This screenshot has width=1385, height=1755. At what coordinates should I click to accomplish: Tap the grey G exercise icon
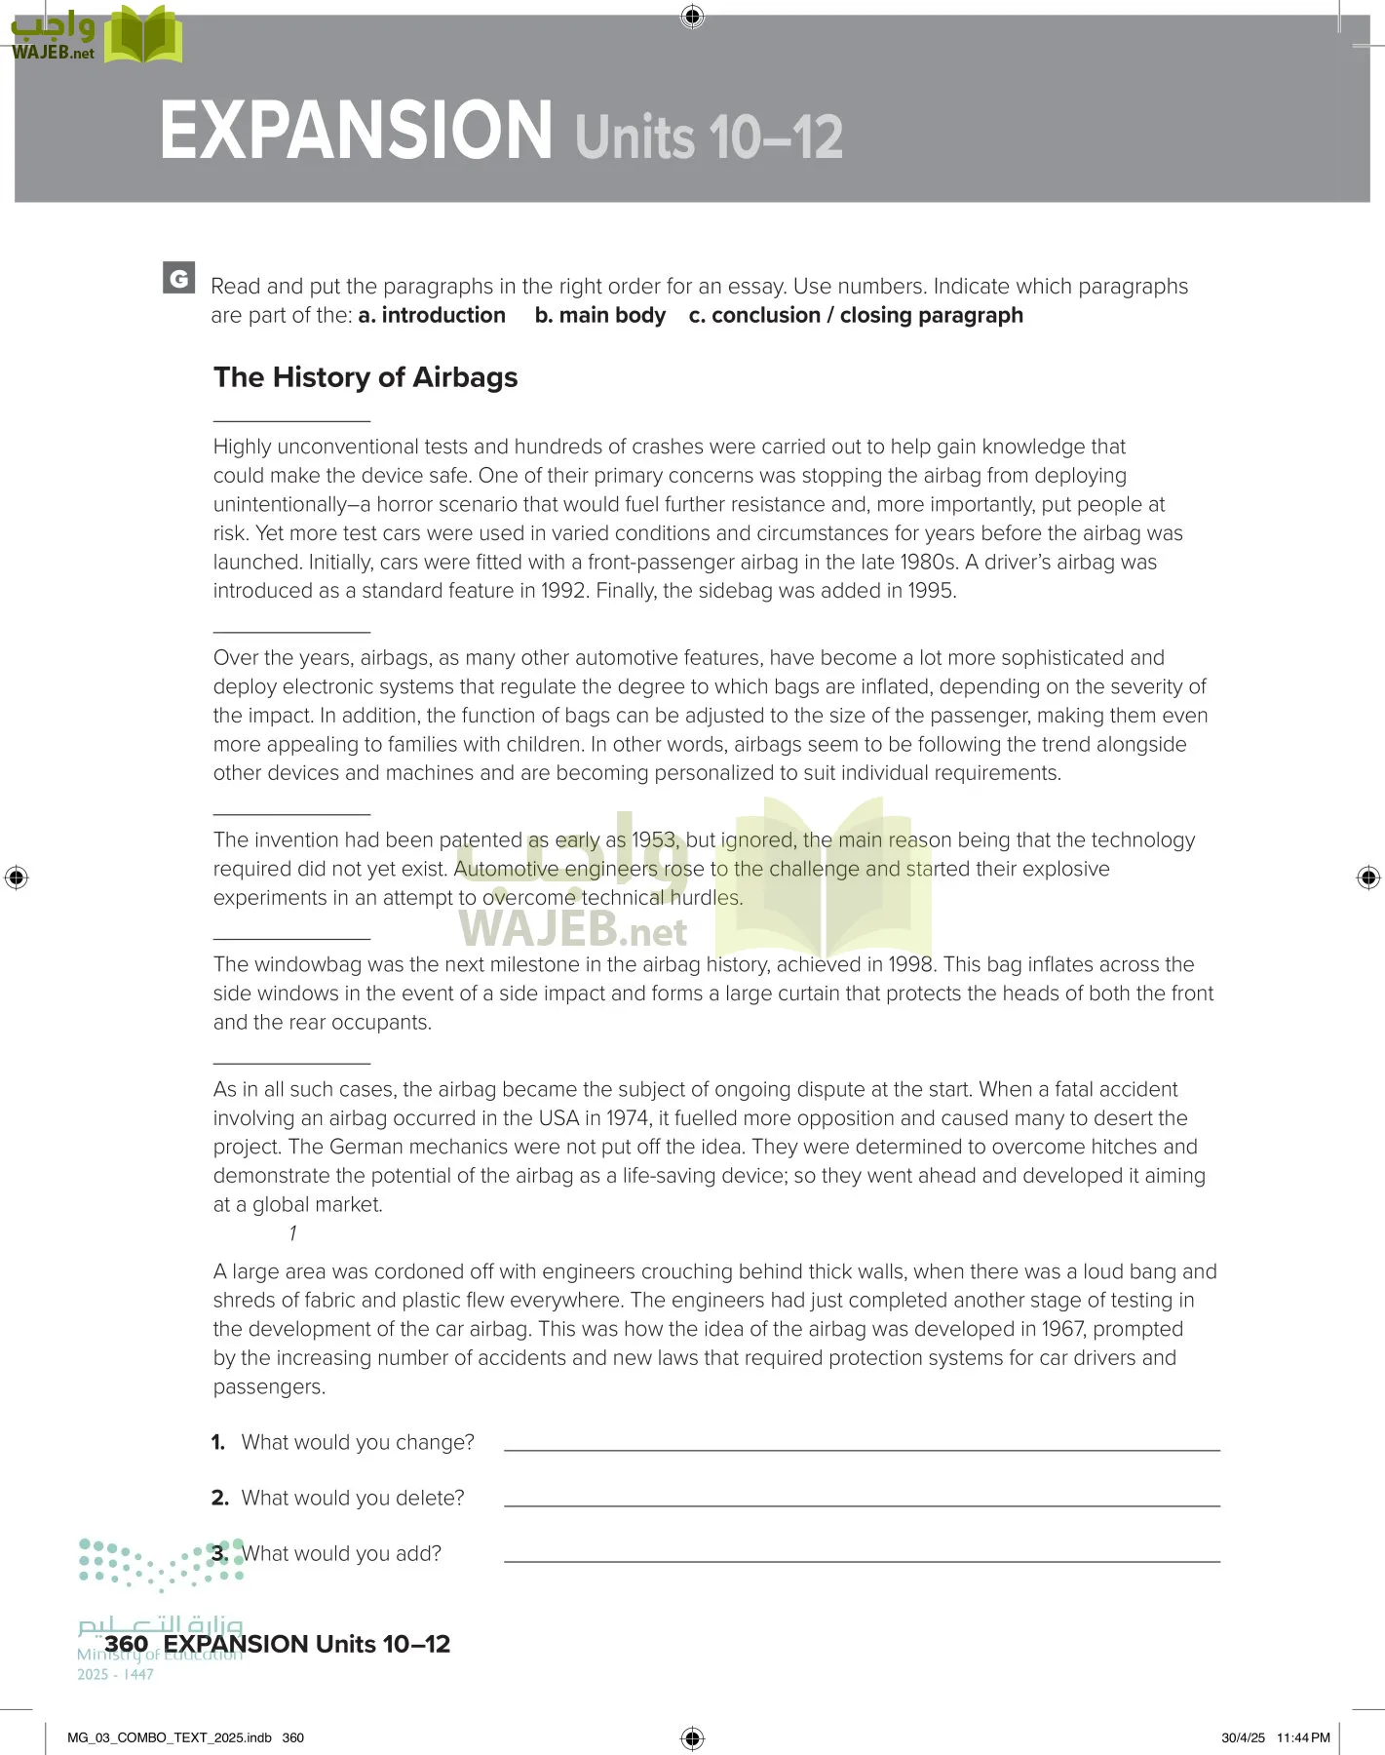[178, 278]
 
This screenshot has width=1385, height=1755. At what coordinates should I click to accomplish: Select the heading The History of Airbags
[365, 377]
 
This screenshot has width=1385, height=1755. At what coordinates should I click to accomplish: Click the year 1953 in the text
[653, 840]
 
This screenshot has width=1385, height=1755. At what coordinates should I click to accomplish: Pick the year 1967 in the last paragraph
[1062, 1330]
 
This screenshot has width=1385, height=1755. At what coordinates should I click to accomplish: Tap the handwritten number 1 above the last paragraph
[292, 1233]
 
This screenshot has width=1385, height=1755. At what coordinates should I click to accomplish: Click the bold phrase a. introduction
[432, 316]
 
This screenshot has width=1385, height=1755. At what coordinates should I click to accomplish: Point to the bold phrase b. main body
[599, 316]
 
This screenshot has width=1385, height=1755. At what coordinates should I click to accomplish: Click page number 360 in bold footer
[126, 1644]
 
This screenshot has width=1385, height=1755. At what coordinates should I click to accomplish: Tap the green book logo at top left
[143, 37]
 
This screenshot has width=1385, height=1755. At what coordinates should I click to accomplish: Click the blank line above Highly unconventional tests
[291, 420]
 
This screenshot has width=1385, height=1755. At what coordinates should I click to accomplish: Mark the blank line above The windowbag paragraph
[291, 938]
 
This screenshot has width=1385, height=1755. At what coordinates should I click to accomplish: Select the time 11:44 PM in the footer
[1302, 1737]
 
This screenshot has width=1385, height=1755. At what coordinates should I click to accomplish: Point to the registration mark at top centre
[692, 16]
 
